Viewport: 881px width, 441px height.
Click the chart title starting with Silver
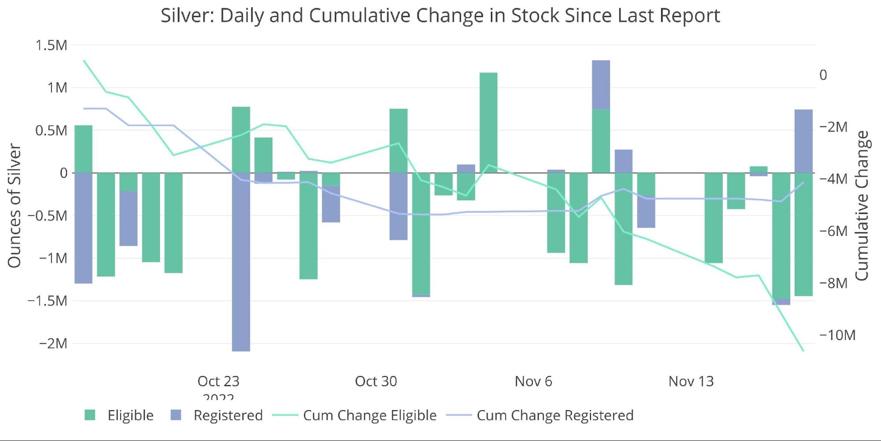click(440, 15)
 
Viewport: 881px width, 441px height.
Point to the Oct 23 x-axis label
click(218, 381)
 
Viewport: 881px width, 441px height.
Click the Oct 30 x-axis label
click(376, 381)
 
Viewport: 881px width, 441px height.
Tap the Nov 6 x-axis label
click(533, 381)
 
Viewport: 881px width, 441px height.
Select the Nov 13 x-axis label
click(691, 381)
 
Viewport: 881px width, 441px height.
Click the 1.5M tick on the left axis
click(51, 45)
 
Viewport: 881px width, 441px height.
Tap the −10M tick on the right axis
click(837, 335)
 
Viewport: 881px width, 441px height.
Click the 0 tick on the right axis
click(823, 75)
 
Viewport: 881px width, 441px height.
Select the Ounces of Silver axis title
click(14, 206)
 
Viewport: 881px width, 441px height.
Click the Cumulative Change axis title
click(862, 206)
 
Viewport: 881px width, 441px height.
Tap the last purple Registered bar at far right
click(803, 141)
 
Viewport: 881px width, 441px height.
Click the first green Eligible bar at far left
click(83, 149)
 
